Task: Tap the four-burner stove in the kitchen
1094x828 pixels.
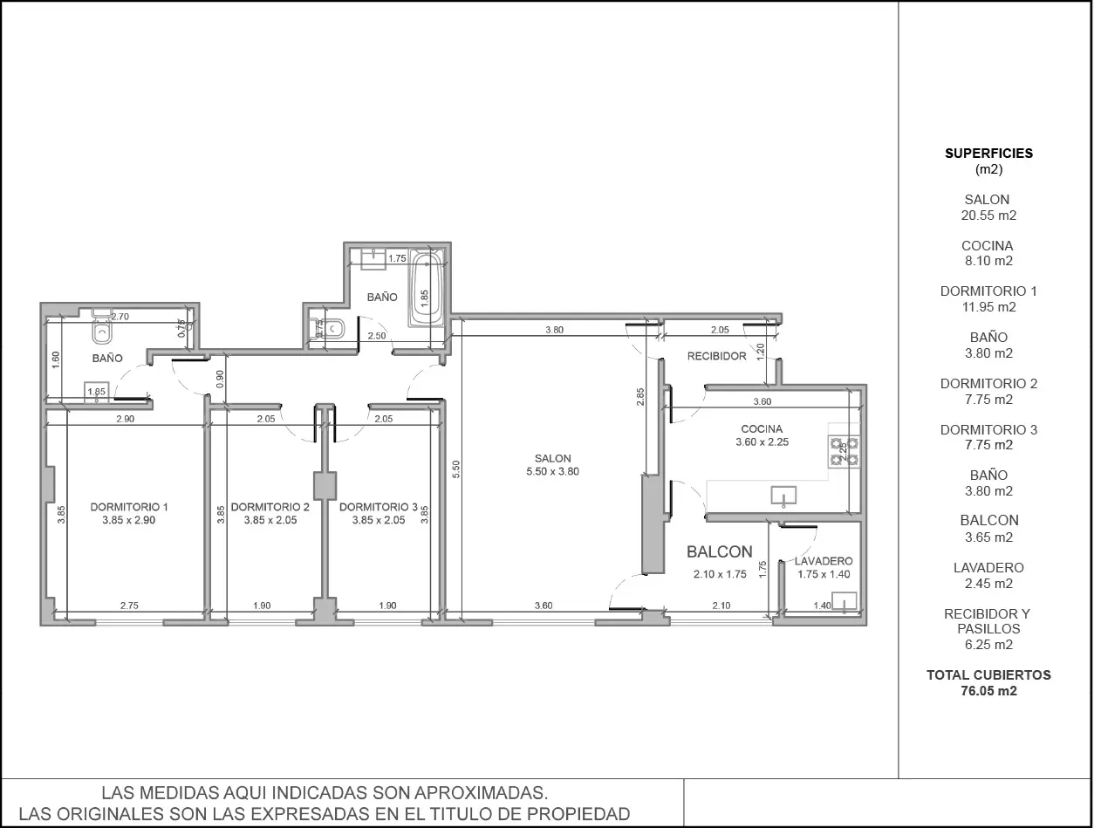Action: pos(844,451)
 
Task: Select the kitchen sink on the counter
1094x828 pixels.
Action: pos(783,496)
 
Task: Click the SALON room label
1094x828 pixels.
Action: pos(553,458)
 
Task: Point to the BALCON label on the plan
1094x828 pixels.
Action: pos(719,551)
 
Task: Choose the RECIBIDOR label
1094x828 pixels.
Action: pos(717,356)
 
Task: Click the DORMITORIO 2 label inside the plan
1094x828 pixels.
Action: pos(270,507)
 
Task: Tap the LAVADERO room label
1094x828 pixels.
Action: pos(824,561)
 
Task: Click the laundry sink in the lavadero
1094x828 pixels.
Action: pos(844,601)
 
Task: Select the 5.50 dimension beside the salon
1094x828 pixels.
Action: pos(456,469)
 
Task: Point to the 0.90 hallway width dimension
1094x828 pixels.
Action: pos(221,379)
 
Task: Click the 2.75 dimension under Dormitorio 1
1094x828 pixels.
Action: pos(129,606)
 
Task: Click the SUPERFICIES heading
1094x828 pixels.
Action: pos(988,153)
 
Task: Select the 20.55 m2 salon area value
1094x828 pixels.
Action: pos(988,216)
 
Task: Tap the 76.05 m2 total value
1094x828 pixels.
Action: pos(988,691)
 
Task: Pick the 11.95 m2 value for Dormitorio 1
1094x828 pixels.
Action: pos(988,307)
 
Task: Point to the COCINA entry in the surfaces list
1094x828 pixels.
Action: pos(987,246)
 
